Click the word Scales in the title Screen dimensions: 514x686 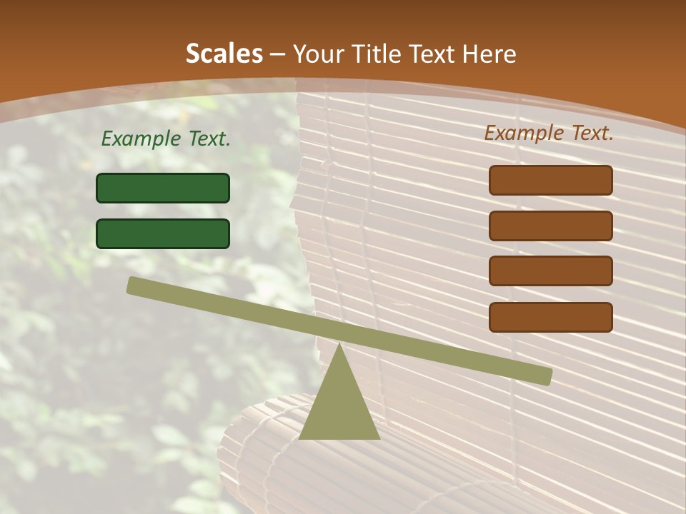[x=224, y=54]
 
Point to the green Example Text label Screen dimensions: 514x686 [x=166, y=139]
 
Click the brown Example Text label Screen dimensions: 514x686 [x=549, y=133]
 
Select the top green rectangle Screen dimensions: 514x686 [x=163, y=188]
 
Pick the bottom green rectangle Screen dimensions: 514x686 [x=163, y=233]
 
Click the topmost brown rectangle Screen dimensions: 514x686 [x=551, y=180]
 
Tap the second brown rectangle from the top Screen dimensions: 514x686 [x=551, y=226]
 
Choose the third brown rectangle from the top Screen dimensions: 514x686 [x=551, y=271]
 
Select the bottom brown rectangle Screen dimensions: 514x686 [x=551, y=317]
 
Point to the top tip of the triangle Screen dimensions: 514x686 [x=339, y=345]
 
